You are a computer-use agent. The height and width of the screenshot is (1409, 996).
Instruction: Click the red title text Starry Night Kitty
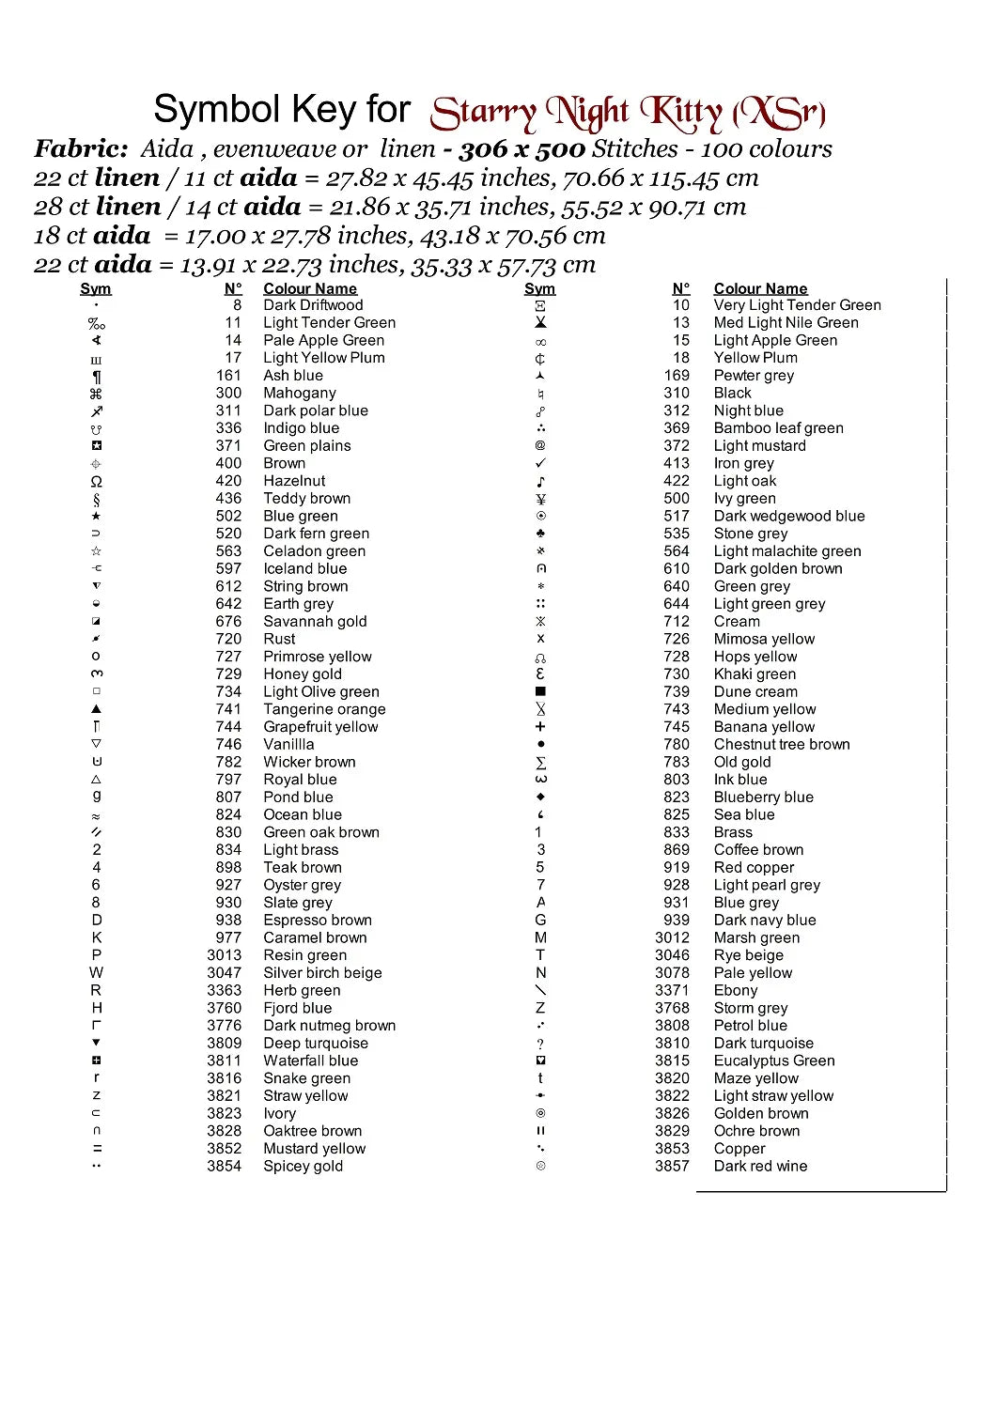click(628, 114)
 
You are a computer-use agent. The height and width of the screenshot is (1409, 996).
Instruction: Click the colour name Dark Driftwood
click(313, 305)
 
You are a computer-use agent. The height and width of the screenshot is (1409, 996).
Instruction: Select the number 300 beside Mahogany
click(228, 394)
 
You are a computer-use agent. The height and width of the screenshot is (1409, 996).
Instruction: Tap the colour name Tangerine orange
click(324, 709)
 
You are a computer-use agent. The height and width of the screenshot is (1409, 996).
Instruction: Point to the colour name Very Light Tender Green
click(797, 305)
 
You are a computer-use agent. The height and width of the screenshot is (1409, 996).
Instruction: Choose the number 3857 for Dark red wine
click(672, 1167)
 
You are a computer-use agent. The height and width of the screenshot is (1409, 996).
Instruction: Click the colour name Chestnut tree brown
click(782, 745)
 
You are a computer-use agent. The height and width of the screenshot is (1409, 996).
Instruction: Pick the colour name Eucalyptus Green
click(774, 1061)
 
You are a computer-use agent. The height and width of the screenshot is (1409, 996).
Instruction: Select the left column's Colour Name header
click(310, 289)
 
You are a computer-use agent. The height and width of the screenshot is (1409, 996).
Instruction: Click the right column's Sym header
click(539, 289)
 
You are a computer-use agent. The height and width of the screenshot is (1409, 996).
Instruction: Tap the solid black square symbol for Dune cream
click(540, 692)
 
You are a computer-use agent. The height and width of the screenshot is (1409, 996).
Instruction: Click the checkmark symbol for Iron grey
click(540, 463)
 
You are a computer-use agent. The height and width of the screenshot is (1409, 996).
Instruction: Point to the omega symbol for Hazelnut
click(96, 482)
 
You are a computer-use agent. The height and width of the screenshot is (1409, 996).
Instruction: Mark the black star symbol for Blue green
click(96, 517)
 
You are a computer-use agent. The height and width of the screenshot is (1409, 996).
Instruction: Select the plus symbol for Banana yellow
click(540, 727)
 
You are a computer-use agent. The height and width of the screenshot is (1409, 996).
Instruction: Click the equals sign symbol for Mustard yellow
click(97, 1149)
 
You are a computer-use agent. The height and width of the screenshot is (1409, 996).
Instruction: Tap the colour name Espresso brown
click(318, 921)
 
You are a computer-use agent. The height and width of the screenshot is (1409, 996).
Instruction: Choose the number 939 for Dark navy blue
click(676, 921)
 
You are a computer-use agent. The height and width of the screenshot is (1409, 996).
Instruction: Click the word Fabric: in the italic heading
click(82, 148)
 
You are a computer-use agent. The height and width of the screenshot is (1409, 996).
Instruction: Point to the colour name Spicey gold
click(303, 1167)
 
